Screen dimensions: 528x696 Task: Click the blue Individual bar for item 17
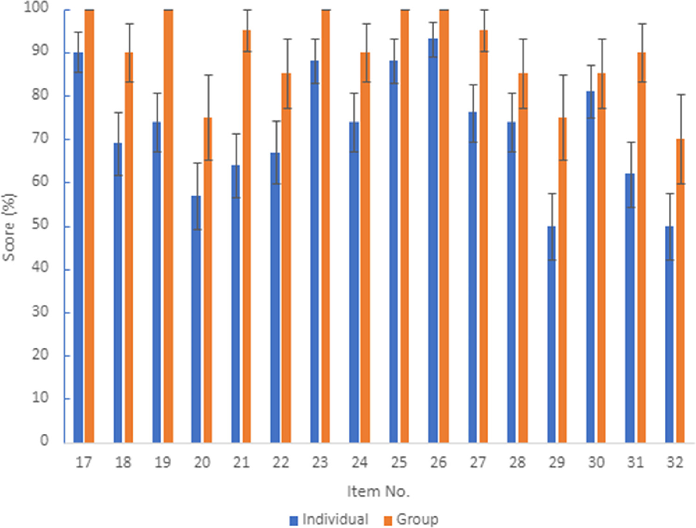coord(78,247)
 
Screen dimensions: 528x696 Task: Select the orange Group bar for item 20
coord(208,280)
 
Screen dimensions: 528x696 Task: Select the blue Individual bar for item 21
coord(236,303)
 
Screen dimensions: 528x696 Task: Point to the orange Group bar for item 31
coord(641,247)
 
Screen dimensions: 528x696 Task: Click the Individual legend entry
coord(329,520)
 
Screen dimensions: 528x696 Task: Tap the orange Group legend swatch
coord(388,521)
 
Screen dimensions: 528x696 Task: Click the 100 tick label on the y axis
coord(36,8)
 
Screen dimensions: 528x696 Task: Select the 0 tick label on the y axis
coord(44,440)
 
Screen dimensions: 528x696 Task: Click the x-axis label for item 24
coord(360,463)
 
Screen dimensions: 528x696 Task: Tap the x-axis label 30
coord(596,463)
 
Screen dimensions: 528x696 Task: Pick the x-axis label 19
coord(163,463)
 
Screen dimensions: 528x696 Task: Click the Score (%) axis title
coord(9,227)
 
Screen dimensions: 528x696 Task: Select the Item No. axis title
coord(378,491)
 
